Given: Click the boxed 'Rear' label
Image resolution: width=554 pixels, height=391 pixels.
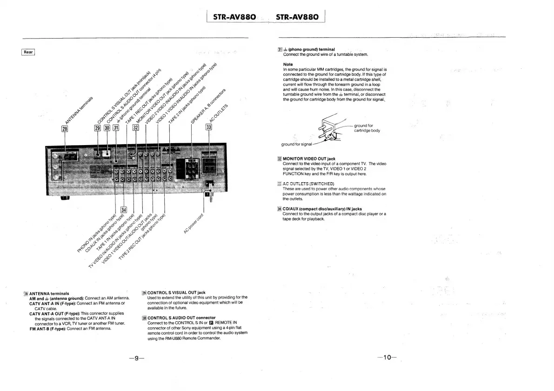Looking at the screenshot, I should pos(28,52).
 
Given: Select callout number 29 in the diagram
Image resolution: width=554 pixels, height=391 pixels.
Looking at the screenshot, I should pos(98,128).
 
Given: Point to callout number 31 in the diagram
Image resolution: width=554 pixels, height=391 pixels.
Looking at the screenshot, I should pos(116,128).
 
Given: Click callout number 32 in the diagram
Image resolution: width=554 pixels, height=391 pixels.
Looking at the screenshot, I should pos(136,128).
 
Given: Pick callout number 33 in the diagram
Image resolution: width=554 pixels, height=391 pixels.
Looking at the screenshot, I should pos(209,128).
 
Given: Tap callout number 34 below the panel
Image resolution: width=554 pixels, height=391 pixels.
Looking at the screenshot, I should pos(123,209).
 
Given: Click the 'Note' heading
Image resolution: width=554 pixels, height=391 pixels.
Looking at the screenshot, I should pos(287,64).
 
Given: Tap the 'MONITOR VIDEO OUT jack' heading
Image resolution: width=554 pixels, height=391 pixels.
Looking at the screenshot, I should pos(309,159).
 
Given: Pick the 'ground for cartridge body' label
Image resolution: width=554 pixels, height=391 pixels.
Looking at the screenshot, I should pos(367,128).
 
